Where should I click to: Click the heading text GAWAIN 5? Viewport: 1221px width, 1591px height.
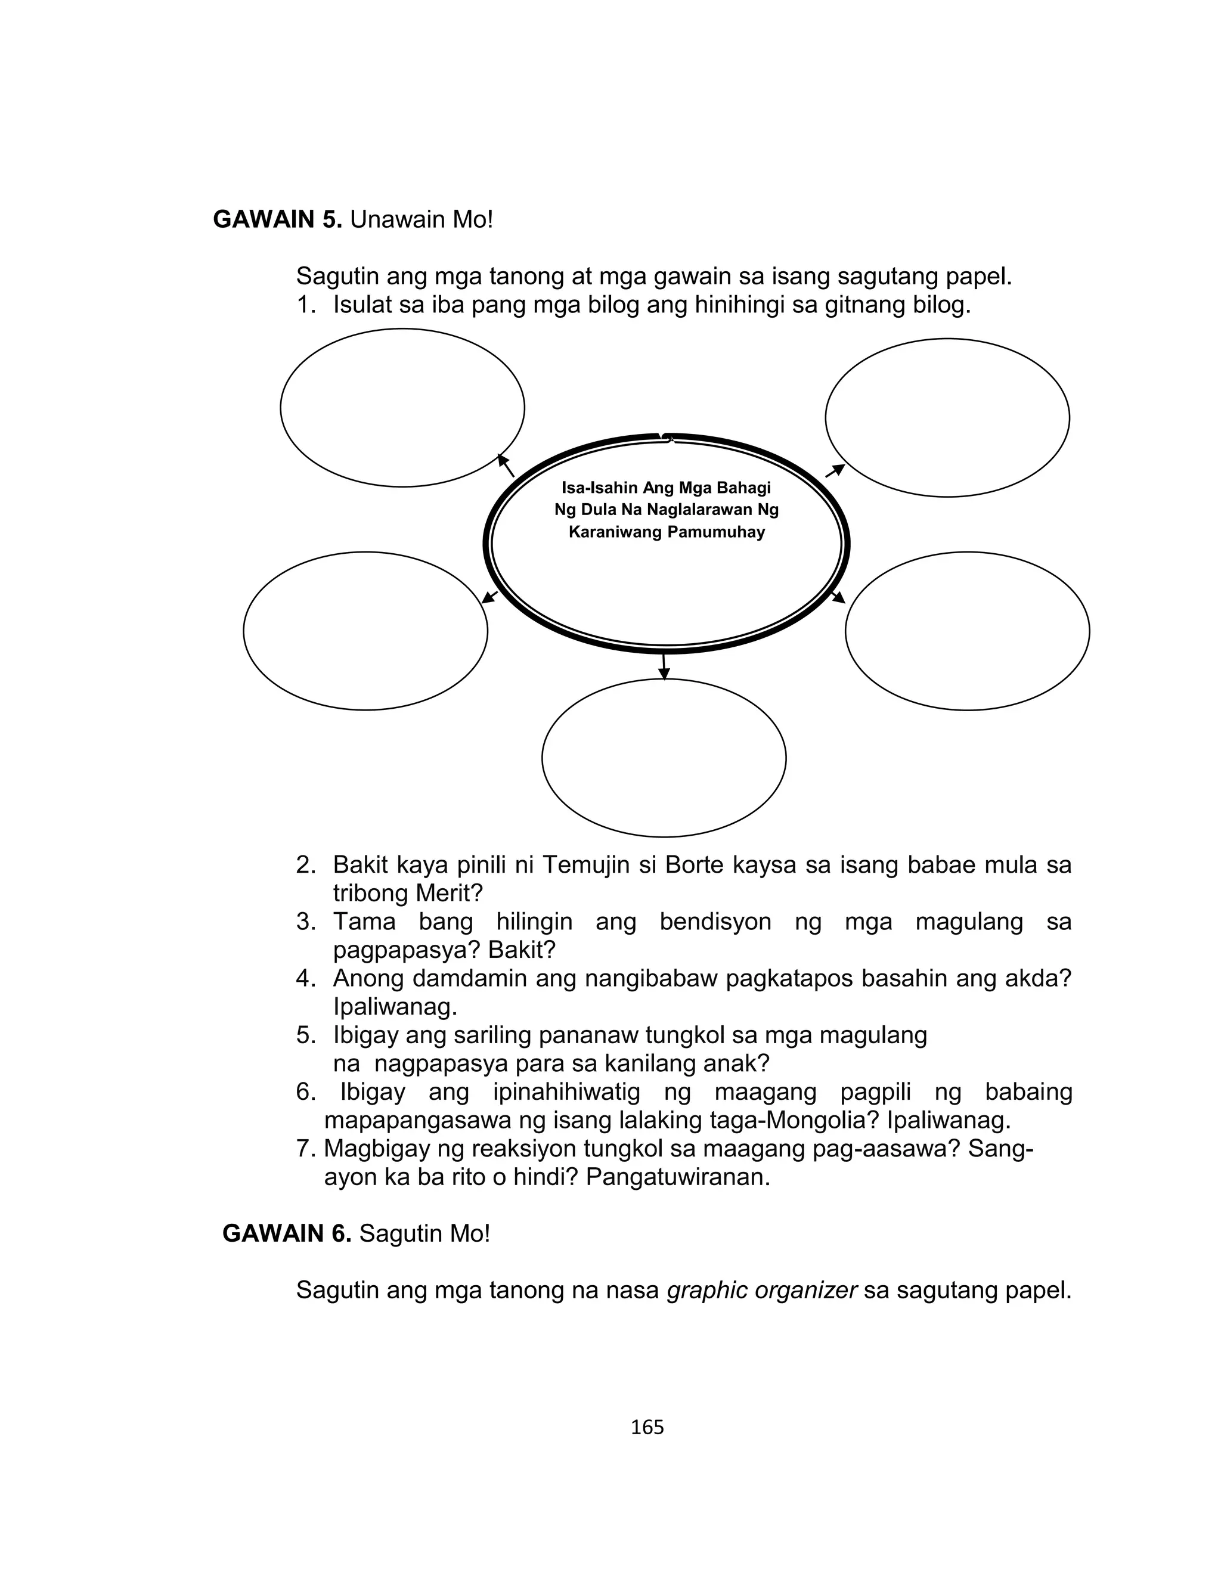coord(277,219)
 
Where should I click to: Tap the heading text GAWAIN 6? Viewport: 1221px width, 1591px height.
coord(286,1233)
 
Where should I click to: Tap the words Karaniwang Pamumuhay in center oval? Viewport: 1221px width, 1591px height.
coord(667,532)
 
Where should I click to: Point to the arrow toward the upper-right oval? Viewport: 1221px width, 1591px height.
coord(836,470)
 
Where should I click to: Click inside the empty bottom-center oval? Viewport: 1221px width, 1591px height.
coord(664,758)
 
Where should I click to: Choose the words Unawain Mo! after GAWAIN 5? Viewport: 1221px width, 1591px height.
coord(422,219)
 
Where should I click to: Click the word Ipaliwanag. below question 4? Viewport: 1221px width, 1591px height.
coord(395,1007)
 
